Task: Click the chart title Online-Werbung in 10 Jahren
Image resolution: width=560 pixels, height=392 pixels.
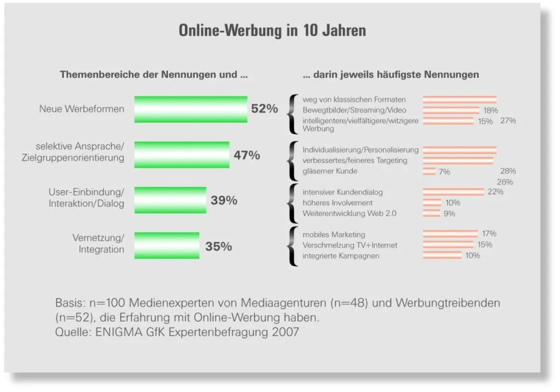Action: (x=272, y=31)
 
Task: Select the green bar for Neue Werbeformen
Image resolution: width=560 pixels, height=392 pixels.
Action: (x=190, y=109)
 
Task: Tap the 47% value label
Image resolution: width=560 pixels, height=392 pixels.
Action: (x=246, y=155)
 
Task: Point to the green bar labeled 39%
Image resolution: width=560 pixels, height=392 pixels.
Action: (x=170, y=200)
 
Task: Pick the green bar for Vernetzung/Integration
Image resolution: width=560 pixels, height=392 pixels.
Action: (x=167, y=245)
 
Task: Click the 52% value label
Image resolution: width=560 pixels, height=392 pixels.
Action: (x=264, y=109)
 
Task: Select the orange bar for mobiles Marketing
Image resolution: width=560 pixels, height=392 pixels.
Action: (x=450, y=234)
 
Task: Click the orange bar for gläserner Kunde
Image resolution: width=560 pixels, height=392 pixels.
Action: (x=429, y=171)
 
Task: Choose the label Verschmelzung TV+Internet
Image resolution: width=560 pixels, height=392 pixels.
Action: (x=350, y=245)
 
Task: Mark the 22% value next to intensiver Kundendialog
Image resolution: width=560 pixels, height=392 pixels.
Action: (x=495, y=192)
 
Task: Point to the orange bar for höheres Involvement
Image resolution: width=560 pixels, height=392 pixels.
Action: (x=432, y=203)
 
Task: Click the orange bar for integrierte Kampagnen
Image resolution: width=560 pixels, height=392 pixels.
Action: (x=441, y=255)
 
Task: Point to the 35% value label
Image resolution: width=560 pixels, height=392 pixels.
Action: (x=218, y=246)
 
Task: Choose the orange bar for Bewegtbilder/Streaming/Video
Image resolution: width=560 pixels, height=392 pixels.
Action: (x=451, y=110)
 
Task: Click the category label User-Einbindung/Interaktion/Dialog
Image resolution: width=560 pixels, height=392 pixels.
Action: (x=86, y=198)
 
